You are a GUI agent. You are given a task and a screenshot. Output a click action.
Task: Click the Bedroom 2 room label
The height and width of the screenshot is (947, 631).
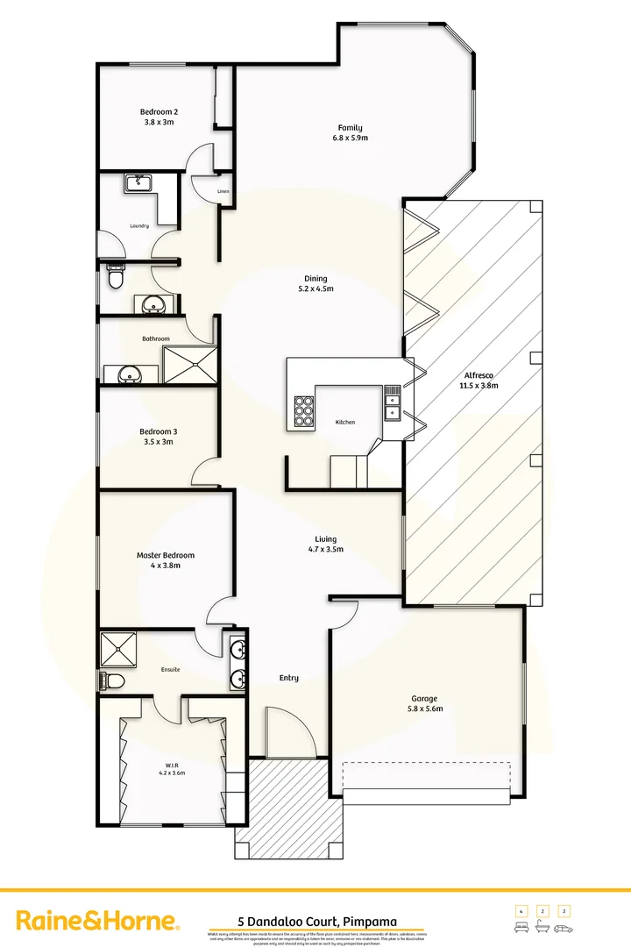[159, 111]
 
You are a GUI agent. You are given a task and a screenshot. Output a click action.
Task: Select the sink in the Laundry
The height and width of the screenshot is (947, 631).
[138, 182]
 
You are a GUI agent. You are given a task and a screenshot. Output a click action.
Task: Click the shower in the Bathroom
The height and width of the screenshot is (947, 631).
[188, 365]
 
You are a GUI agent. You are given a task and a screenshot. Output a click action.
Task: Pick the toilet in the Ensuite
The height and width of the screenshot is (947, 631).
[112, 680]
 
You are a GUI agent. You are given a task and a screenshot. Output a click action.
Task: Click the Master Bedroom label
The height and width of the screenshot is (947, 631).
[166, 555]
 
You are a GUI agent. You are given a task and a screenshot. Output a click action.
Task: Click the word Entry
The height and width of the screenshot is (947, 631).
[289, 678]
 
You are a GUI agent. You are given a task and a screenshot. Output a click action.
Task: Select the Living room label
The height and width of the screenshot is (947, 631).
[326, 539]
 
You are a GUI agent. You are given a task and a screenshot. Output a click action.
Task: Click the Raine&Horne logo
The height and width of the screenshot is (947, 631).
[99, 921]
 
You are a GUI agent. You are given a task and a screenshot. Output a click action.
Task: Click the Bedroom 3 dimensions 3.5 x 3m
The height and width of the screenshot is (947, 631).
[158, 442]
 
